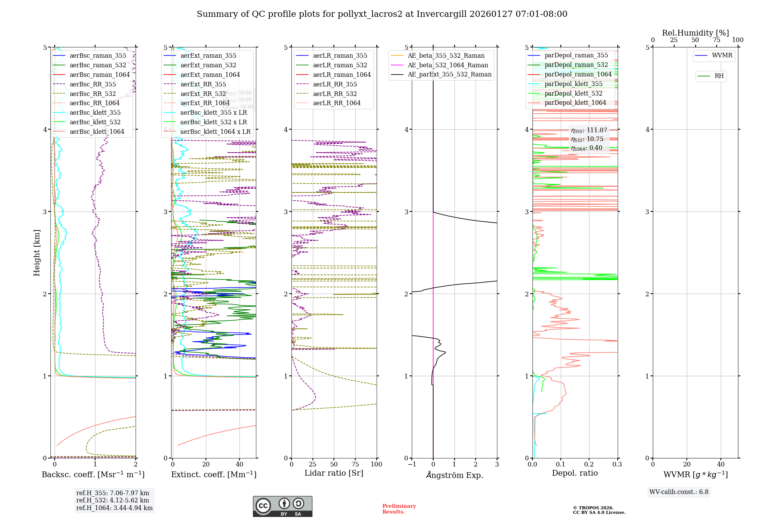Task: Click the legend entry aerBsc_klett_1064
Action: coord(97,132)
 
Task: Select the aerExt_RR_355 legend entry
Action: coord(203,84)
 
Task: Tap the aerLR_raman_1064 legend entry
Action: coord(342,75)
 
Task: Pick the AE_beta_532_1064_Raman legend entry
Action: coord(448,65)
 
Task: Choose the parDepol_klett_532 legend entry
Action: coord(573,94)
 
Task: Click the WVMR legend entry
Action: coord(722,55)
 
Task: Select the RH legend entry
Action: coord(719,76)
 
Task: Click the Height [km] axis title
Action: coord(37,253)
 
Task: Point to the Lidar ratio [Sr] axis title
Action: coord(333,473)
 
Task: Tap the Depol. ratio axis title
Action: coord(575,473)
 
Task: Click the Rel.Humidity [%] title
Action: coord(695,33)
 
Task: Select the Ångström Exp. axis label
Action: coord(454,475)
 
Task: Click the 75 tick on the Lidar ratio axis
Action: coord(355,464)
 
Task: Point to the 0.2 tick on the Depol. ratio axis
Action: coord(589,464)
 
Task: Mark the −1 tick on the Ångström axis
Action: coord(411,464)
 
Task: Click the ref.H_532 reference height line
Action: coord(112,500)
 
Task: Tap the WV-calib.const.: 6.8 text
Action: coord(678,492)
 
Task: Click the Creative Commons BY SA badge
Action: coord(282,506)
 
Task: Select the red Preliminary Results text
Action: coord(399,509)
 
